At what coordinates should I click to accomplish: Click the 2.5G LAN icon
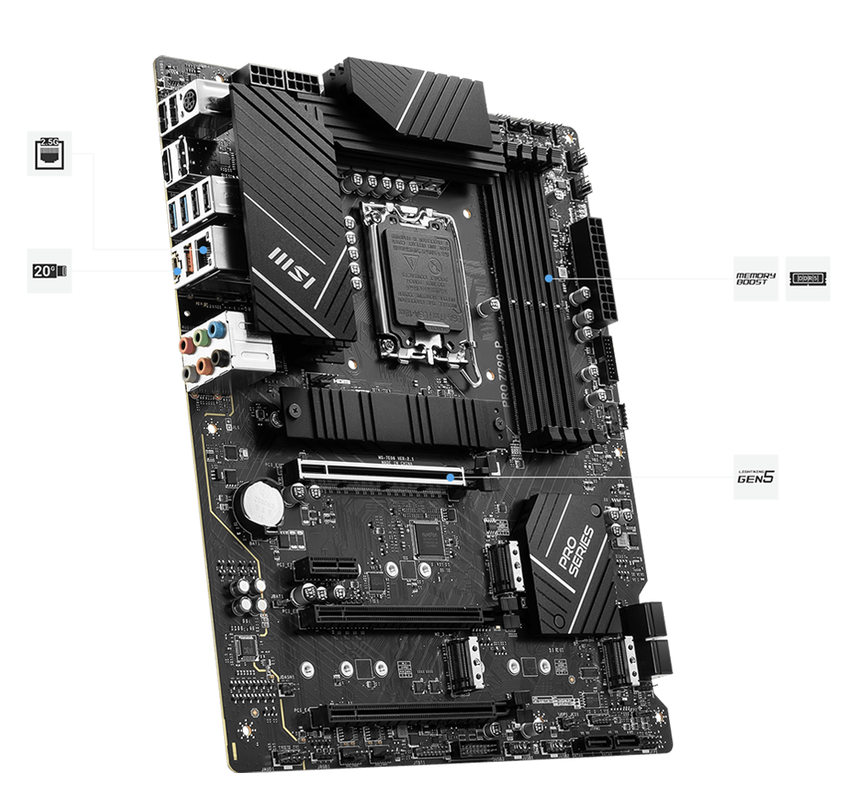tap(50, 153)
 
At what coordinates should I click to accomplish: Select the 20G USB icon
tap(50, 271)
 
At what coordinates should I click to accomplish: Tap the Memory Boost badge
tap(755, 278)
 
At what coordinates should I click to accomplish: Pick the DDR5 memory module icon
tap(807, 278)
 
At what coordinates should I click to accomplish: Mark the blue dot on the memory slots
tap(550, 277)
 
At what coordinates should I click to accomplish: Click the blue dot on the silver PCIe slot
tap(447, 477)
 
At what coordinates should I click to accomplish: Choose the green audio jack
tap(197, 337)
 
